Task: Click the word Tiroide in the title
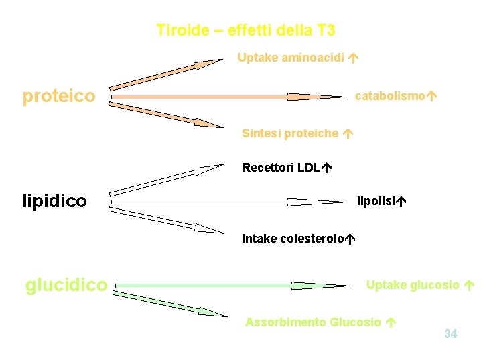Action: coord(178,30)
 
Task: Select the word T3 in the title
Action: coord(324,30)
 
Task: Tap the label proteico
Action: coord(59,97)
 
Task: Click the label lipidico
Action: coord(55,201)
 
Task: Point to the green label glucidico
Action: coord(66,285)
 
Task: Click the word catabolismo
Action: coord(390,96)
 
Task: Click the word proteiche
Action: coord(311,133)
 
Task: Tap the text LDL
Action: coord(308,167)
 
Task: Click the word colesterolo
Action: coord(314,238)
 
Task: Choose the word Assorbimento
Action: coord(285,322)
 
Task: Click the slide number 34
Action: coord(451,333)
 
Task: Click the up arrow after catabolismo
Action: coord(432,96)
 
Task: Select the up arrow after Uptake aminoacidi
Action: coord(352,58)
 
